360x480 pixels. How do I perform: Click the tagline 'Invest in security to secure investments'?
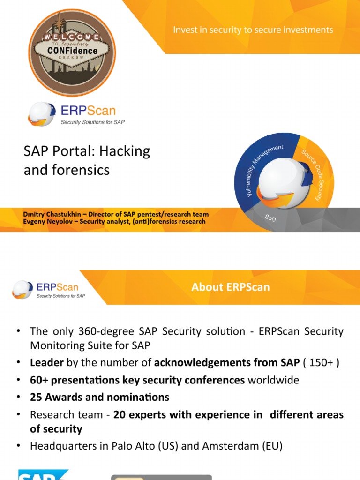253,30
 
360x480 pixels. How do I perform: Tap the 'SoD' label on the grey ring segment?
271,218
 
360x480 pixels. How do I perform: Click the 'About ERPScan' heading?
230,287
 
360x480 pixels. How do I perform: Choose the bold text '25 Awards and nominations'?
99,397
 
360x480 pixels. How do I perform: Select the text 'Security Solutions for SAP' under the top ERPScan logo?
93,122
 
